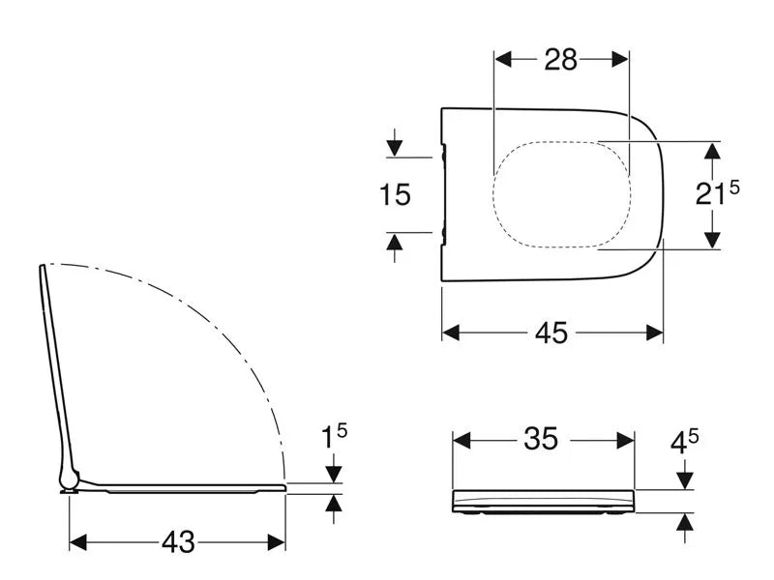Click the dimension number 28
click(561, 60)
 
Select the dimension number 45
click(551, 333)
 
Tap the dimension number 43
click(178, 542)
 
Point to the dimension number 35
click(541, 439)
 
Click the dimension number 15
click(395, 194)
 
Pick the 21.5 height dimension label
click(717, 192)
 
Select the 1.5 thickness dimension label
click(334, 437)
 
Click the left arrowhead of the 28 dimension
click(503, 60)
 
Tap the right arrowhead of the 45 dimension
click(655, 333)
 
